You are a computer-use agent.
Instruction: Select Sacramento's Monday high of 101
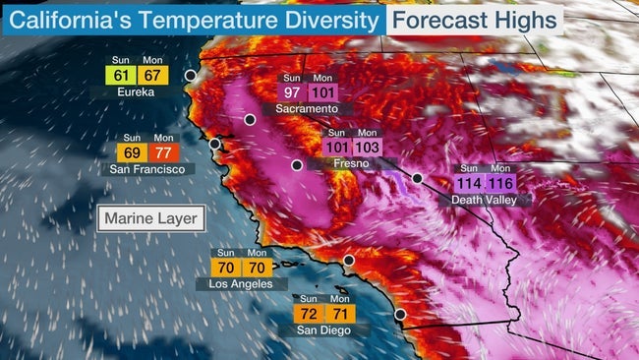click(x=323, y=92)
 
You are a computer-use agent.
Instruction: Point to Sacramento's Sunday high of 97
click(x=293, y=92)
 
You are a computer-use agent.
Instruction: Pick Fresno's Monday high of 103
click(x=367, y=148)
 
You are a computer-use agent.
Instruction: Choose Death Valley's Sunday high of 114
click(x=471, y=183)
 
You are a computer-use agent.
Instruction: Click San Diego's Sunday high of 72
click(x=309, y=315)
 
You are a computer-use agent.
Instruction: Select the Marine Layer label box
click(x=151, y=218)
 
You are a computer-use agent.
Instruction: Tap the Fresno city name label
click(x=352, y=163)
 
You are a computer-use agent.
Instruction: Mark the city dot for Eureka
click(x=190, y=75)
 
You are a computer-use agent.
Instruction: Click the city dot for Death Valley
click(x=417, y=178)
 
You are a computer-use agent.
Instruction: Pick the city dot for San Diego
click(x=399, y=315)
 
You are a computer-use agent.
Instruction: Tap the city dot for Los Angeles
click(x=348, y=261)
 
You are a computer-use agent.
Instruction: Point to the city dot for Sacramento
click(x=250, y=119)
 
